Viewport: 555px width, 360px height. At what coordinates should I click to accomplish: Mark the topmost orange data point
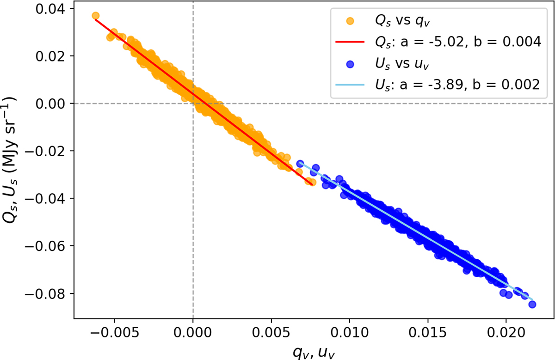click(x=96, y=16)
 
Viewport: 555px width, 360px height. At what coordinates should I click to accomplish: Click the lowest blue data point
click(x=532, y=304)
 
